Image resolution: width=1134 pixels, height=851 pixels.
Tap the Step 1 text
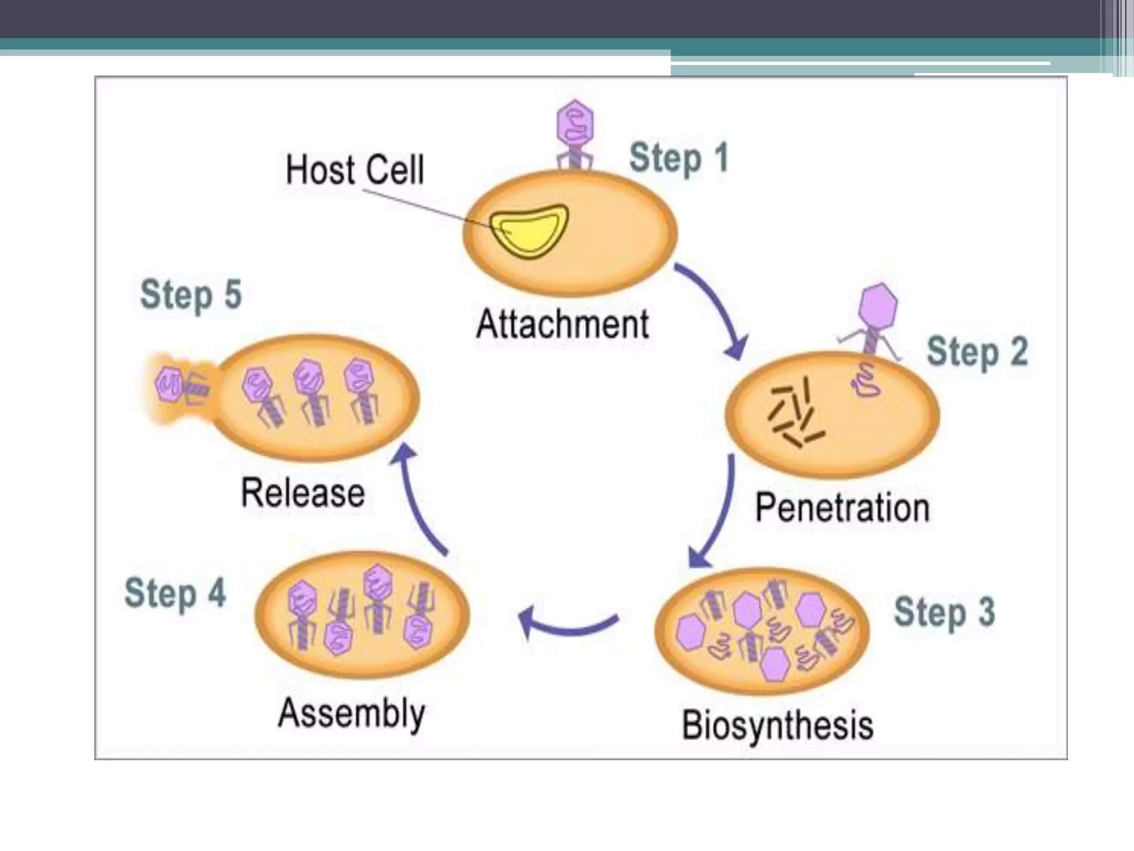point(678,158)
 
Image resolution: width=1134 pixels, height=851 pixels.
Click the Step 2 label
point(977,351)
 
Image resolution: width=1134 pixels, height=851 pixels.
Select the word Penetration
point(842,507)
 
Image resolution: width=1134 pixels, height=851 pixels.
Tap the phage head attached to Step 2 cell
point(878,306)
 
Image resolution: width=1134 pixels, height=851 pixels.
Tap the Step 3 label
point(944,612)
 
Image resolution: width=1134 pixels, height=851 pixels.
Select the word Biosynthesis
point(777,725)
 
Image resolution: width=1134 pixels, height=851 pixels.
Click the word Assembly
point(352,713)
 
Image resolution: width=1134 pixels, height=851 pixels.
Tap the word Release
point(303,493)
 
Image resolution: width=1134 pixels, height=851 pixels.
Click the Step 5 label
point(191,294)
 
